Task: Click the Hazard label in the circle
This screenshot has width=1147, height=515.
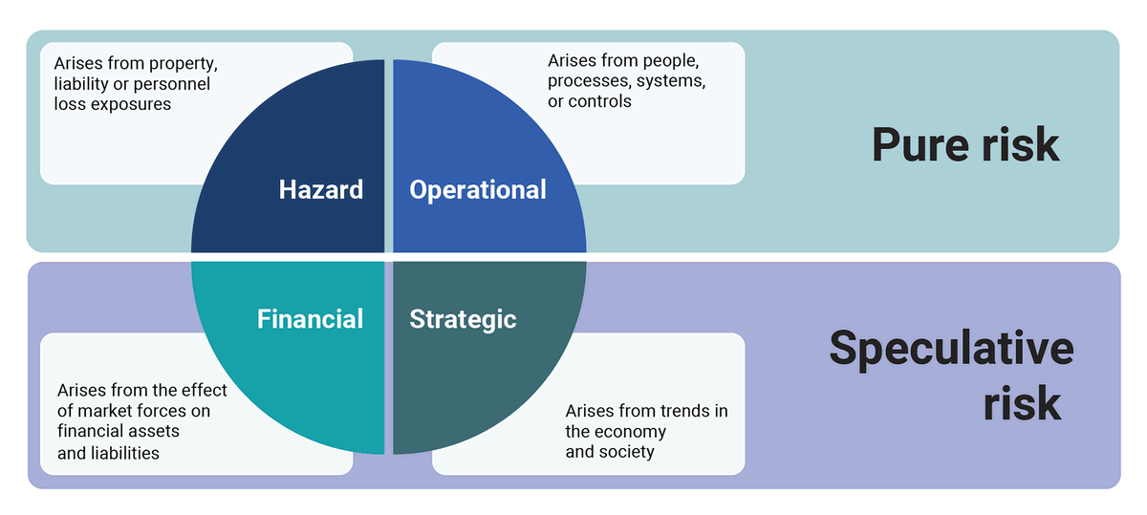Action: click(321, 189)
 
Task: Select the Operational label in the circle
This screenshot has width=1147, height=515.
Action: click(478, 189)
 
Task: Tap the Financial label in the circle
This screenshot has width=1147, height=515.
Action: click(310, 318)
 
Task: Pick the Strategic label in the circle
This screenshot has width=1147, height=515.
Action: click(463, 318)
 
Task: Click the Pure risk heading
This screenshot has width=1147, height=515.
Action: click(965, 145)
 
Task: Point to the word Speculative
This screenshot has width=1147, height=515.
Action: click(951, 348)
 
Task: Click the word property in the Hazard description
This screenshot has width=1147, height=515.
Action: click(184, 64)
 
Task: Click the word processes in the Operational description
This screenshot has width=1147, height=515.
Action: click(585, 81)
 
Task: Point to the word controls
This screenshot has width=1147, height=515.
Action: click(599, 101)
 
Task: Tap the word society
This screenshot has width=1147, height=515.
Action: click(626, 452)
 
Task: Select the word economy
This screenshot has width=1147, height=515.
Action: click(631, 431)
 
